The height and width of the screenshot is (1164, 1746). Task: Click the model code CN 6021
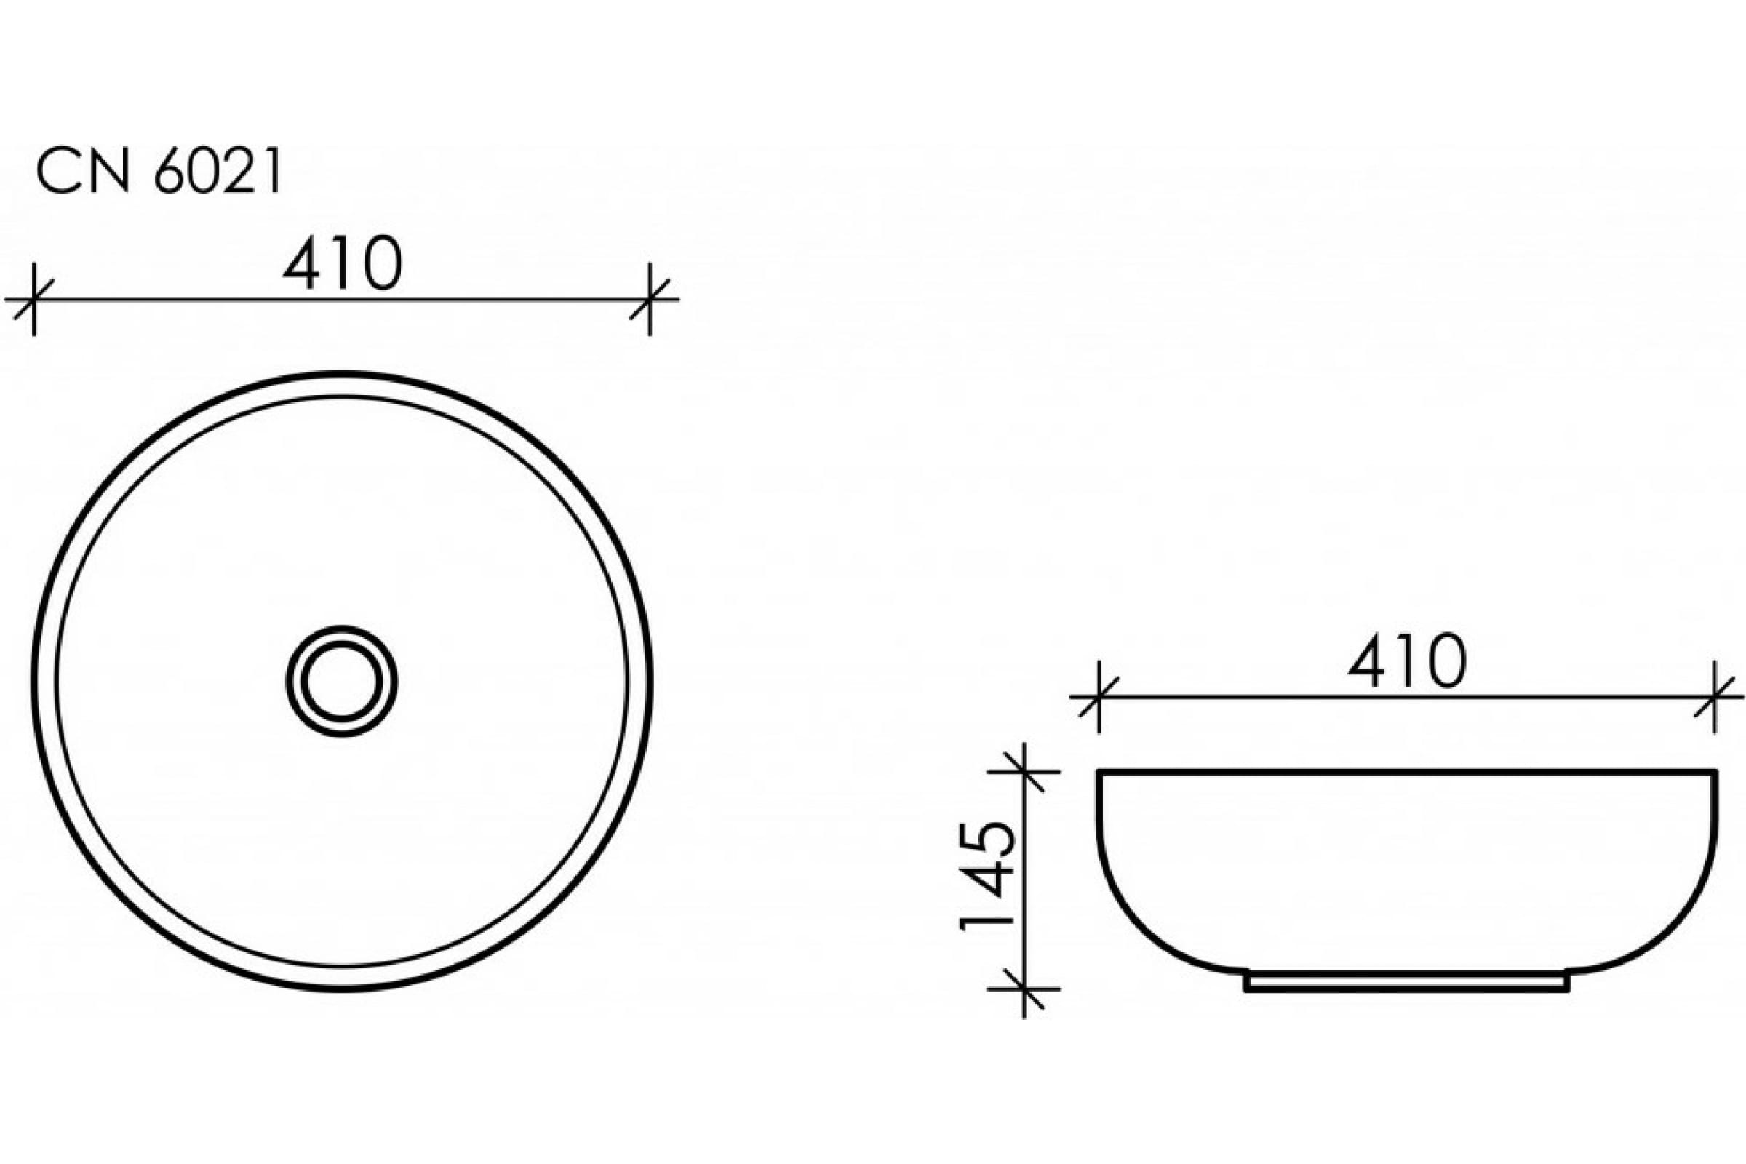(159, 172)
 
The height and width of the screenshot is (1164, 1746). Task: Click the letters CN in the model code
(82, 172)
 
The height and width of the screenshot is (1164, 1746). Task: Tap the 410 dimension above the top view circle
(342, 264)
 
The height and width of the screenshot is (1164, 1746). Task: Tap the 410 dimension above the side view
(1406, 661)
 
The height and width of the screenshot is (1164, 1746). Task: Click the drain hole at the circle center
(341, 681)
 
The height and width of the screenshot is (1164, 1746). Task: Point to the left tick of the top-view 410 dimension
(33, 299)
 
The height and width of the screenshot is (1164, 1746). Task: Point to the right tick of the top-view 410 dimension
(650, 299)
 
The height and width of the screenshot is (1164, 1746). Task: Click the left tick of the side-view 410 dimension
(1098, 697)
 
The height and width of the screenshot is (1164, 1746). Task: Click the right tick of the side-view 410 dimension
(1714, 697)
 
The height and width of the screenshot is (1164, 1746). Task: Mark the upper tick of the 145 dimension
(1024, 772)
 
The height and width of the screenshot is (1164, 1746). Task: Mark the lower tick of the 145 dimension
(1024, 989)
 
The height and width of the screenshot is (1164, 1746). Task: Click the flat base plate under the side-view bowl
(1406, 983)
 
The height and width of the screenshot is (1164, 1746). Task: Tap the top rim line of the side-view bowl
(1406, 773)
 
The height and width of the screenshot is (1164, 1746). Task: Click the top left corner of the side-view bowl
(1099, 773)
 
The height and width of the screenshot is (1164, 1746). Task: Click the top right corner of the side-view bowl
(1715, 773)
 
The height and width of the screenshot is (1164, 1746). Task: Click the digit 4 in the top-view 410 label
(301, 264)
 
